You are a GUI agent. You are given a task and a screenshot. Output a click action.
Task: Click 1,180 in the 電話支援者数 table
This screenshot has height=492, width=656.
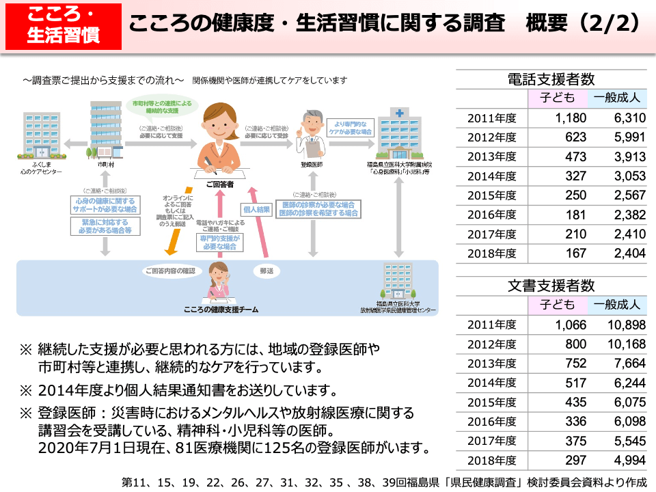[x=571, y=118]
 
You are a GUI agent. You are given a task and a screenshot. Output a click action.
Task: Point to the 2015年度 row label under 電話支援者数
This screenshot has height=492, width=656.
[x=492, y=195]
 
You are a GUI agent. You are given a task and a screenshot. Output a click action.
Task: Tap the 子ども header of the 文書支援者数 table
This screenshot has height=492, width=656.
[x=557, y=305]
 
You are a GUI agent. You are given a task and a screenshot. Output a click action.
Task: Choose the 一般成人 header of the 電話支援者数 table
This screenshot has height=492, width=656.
[x=617, y=98]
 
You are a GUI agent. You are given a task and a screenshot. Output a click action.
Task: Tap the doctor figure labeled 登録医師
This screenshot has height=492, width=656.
[x=312, y=133]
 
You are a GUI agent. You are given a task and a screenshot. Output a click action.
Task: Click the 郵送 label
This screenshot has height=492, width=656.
[x=266, y=271]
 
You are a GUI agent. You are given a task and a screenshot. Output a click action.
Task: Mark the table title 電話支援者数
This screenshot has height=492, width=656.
[x=551, y=79]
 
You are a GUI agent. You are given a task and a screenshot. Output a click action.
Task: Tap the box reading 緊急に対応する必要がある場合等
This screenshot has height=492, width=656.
[x=105, y=227]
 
